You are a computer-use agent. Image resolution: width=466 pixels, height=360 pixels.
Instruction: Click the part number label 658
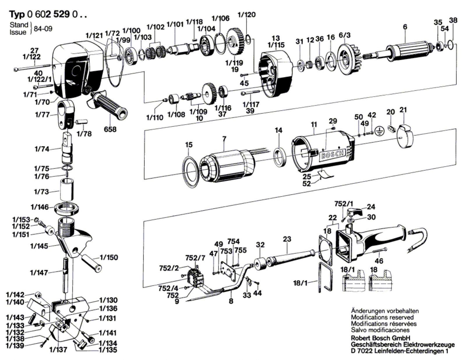[x=110, y=129]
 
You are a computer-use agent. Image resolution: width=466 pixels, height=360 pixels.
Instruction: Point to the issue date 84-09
[x=43, y=29]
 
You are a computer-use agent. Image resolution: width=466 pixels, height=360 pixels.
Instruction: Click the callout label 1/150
[x=109, y=257]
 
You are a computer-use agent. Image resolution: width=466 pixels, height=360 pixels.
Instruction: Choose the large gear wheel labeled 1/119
[x=235, y=42]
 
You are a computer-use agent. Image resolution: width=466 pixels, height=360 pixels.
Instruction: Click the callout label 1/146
[x=40, y=207]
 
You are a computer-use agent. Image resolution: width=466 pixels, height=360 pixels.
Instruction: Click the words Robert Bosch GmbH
[x=380, y=338]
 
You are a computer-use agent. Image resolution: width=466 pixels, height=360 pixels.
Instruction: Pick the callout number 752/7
[x=195, y=258]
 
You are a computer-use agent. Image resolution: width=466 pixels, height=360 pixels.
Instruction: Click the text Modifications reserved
[x=382, y=317]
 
